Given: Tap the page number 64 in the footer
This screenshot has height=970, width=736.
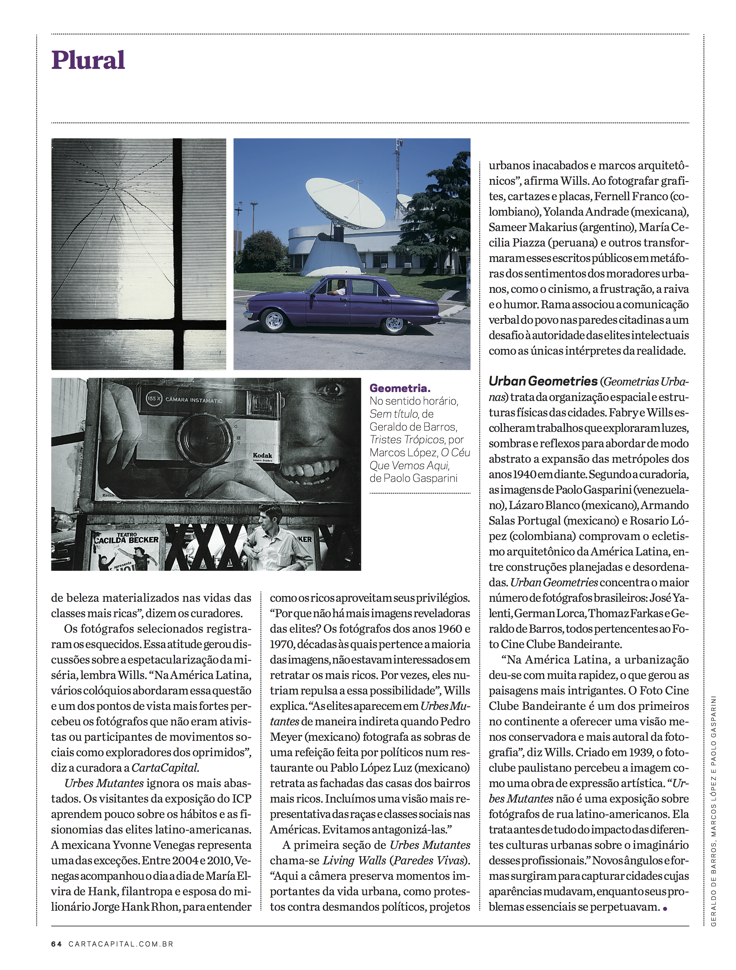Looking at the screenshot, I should tap(56, 944).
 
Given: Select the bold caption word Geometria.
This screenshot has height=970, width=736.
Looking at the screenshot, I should tap(400, 388).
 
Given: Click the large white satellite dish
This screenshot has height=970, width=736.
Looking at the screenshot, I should tap(344, 202).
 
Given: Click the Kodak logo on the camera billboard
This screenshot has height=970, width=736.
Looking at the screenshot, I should tap(262, 456).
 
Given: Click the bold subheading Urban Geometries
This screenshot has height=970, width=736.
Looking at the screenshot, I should tap(543, 382).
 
